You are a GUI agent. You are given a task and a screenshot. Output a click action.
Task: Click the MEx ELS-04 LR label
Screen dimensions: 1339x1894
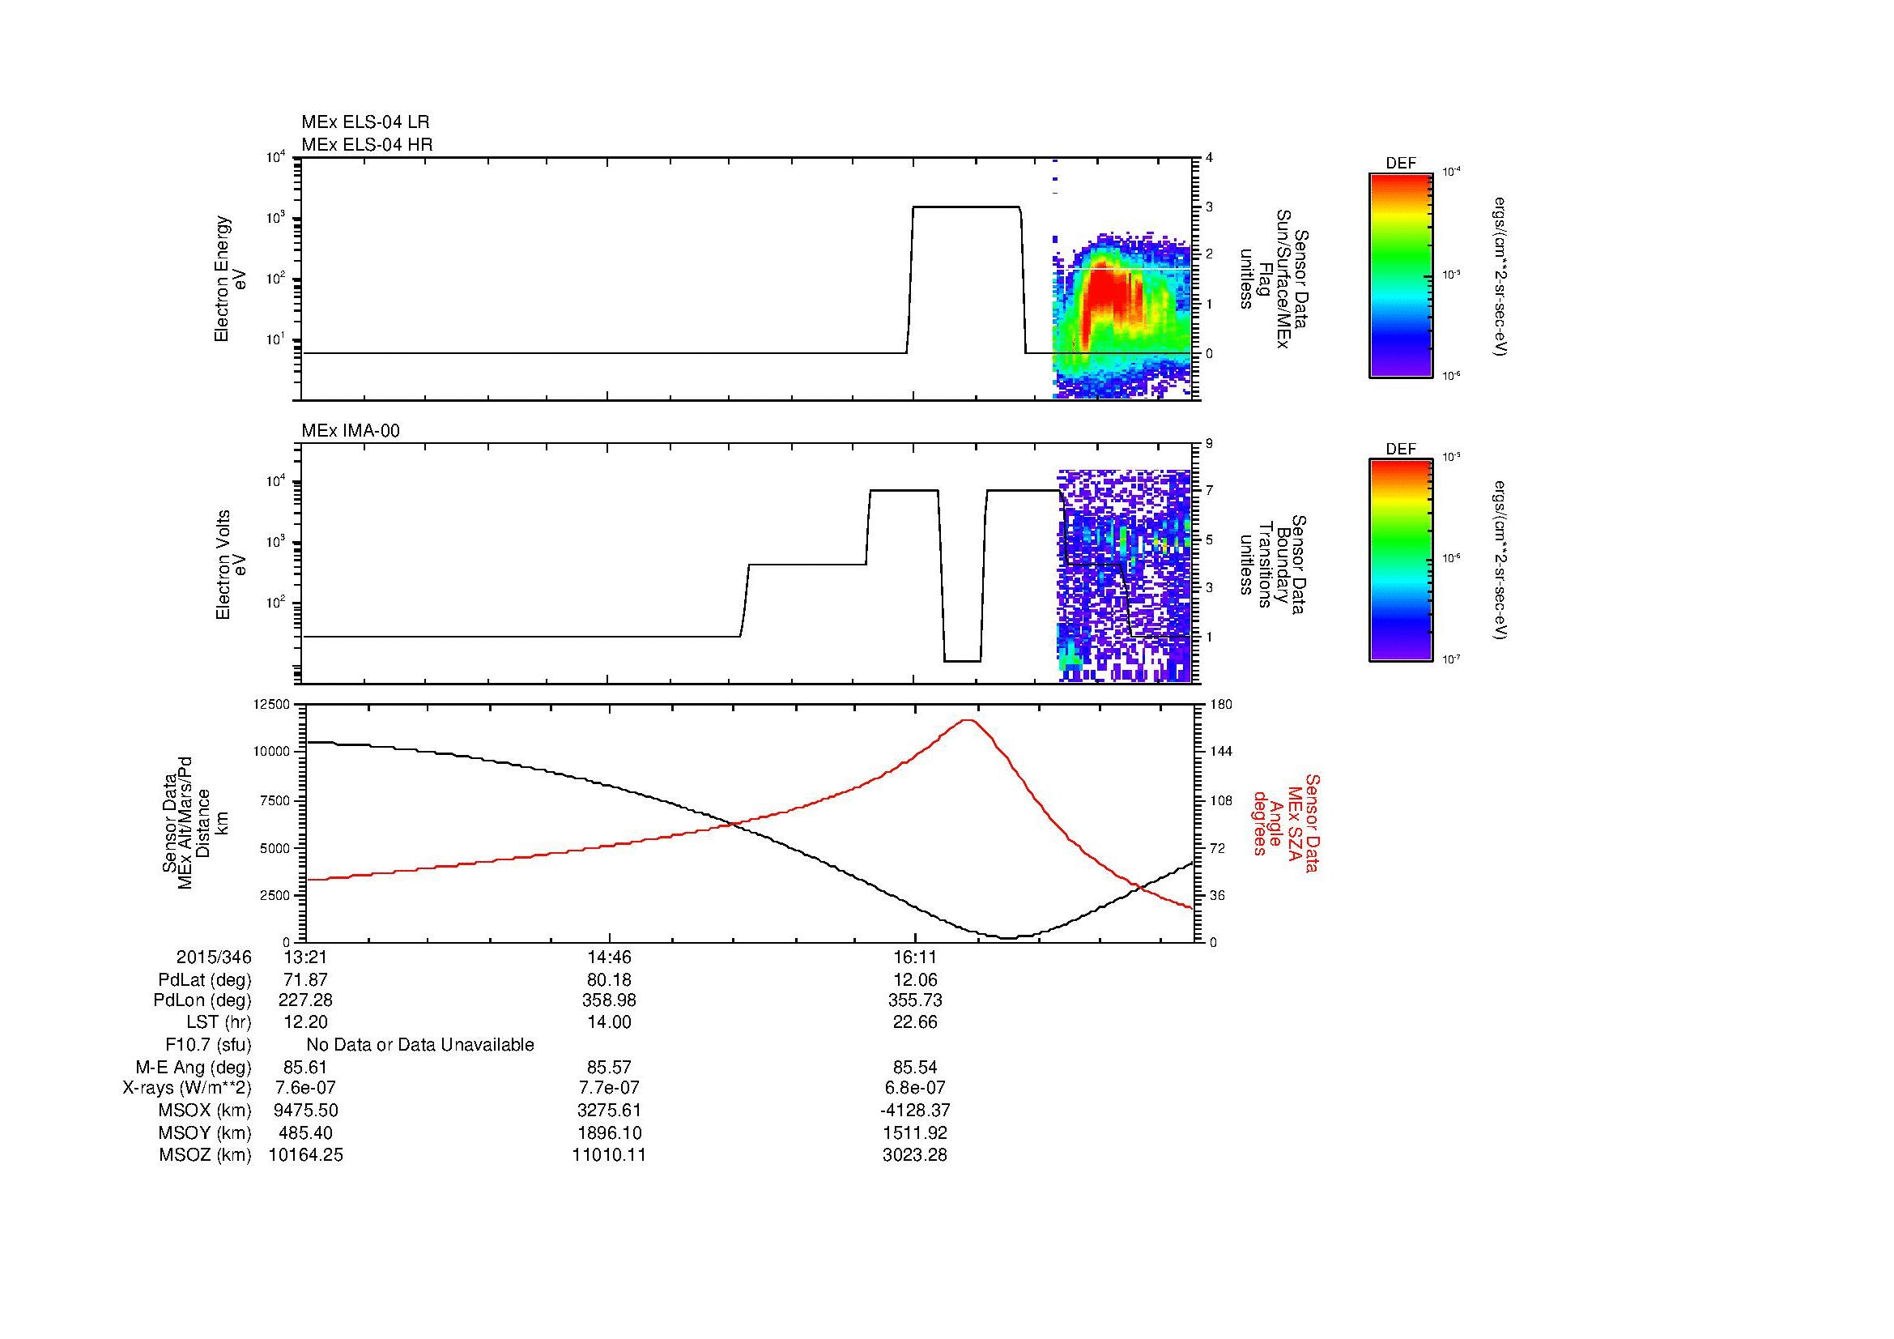click(x=364, y=122)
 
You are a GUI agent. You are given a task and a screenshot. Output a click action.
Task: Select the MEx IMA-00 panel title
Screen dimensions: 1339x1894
click(x=350, y=431)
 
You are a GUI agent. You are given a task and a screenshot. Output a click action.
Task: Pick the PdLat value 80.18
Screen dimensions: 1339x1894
click(x=609, y=980)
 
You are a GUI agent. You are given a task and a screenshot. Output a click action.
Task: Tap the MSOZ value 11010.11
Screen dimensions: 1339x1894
click(x=609, y=1155)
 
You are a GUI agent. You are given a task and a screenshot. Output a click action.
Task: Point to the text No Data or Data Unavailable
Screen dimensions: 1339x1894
click(x=420, y=1045)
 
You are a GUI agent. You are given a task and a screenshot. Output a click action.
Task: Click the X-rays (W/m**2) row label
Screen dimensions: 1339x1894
click(x=186, y=1088)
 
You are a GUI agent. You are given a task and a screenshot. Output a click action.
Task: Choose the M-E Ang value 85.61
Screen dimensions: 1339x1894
click(x=306, y=1067)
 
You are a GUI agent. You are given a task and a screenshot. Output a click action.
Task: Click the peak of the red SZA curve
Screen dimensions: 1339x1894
click(x=968, y=720)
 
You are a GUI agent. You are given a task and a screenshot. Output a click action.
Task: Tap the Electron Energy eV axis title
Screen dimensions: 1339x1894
click(x=230, y=279)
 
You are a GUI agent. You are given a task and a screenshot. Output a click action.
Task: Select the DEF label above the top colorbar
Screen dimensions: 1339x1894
click(x=1401, y=164)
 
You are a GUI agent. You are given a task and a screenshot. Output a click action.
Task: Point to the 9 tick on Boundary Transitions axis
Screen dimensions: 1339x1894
click(x=1209, y=444)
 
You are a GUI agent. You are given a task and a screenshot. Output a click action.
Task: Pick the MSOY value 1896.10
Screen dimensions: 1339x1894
click(x=609, y=1132)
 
